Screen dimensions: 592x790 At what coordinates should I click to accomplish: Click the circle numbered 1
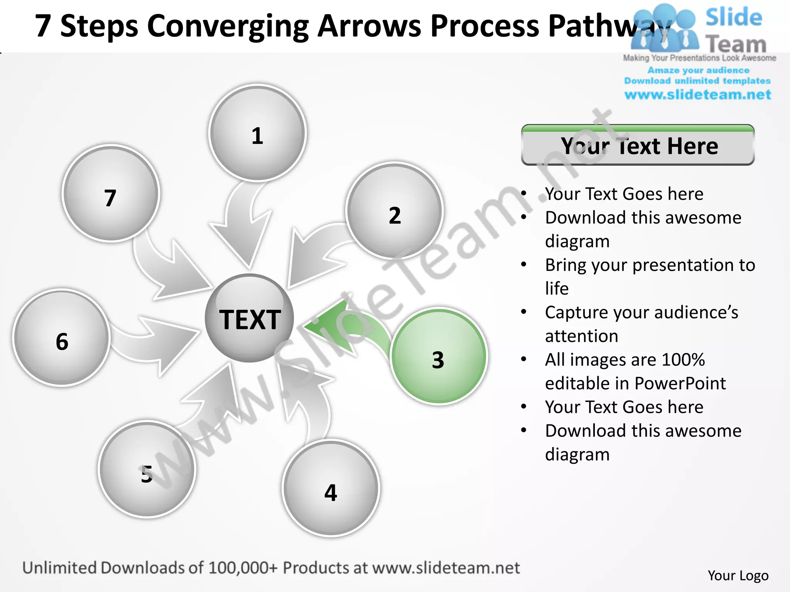[257, 133]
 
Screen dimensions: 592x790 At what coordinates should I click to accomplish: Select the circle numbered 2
[394, 210]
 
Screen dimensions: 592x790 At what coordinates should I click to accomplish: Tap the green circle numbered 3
[439, 356]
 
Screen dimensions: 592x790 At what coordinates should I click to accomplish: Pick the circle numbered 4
[331, 488]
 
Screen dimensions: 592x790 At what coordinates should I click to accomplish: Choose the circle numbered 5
[147, 469]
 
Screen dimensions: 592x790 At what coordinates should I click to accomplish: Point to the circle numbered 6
[62, 338]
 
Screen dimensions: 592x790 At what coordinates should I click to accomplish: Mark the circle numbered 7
[111, 193]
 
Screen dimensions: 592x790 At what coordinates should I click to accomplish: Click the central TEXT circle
[249, 318]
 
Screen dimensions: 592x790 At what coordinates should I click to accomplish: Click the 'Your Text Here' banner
[638, 146]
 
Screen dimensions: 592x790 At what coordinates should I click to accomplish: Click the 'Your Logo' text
[738, 575]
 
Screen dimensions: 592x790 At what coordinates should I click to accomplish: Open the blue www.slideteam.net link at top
[697, 95]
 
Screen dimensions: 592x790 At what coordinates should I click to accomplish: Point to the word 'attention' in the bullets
[581, 336]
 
